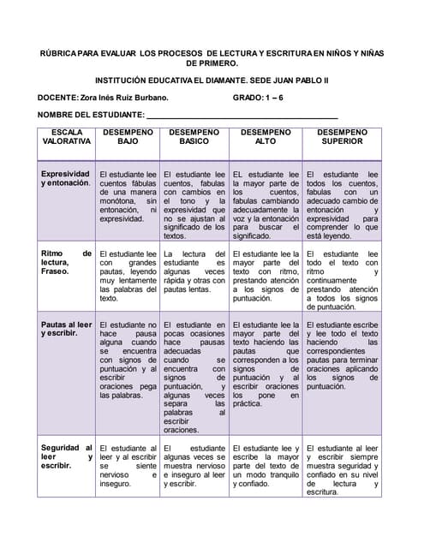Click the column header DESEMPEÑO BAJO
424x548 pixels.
click(128, 137)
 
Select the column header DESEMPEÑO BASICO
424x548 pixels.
click(194, 137)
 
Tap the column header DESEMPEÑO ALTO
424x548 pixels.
click(266, 137)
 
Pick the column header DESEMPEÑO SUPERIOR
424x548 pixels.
click(342, 137)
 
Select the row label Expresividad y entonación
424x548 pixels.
click(66, 178)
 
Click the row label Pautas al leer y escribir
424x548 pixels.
click(66, 330)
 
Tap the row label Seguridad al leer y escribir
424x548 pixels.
click(66, 456)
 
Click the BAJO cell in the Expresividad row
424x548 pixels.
click(128, 196)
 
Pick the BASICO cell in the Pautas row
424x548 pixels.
click(194, 377)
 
